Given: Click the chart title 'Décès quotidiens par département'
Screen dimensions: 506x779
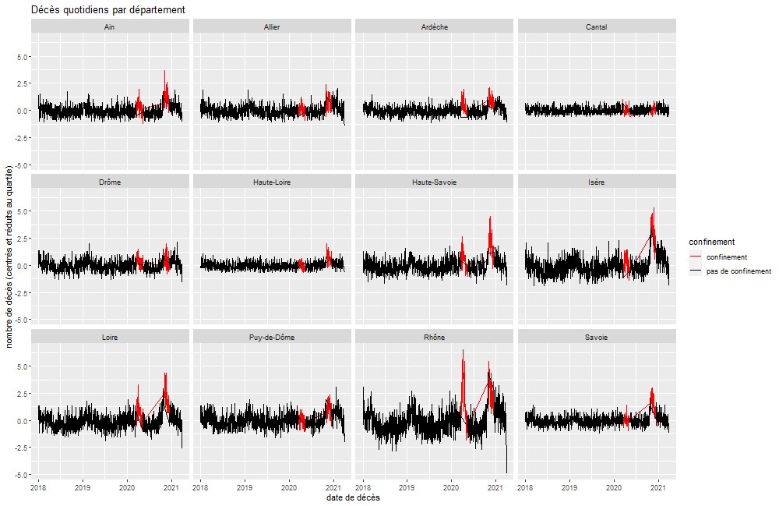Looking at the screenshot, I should pyautogui.click(x=108, y=9).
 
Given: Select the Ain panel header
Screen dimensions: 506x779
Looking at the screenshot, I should pyautogui.click(x=111, y=27).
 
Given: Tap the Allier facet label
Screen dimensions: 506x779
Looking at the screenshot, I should pyautogui.click(x=272, y=27).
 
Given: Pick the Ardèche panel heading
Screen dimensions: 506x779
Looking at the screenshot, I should pyautogui.click(x=434, y=27).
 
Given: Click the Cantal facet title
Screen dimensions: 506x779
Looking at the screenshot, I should pyautogui.click(x=597, y=27).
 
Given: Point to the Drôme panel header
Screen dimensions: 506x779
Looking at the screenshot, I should pyautogui.click(x=111, y=182).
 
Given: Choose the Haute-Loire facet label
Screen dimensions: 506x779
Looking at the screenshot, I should pyautogui.click(x=272, y=182).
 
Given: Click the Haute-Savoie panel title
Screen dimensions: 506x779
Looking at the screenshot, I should pyautogui.click(x=434, y=182).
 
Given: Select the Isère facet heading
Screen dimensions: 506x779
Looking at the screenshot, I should pyautogui.click(x=597, y=182).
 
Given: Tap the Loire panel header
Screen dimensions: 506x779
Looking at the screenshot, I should pyautogui.click(x=111, y=337).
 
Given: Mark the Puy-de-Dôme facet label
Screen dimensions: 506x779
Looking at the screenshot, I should pyautogui.click(x=272, y=337).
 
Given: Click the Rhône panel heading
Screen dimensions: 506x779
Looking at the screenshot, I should pyautogui.click(x=434, y=337).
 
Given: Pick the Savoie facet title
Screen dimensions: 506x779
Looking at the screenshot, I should pyautogui.click(x=597, y=337).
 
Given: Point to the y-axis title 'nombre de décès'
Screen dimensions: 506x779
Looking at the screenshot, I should pyautogui.click(x=9, y=257).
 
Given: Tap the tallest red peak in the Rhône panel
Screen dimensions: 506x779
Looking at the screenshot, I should pyautogui.click(x=463, y=350).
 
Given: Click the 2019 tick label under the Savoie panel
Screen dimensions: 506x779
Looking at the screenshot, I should pyautogui.click(x=569, y=487).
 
